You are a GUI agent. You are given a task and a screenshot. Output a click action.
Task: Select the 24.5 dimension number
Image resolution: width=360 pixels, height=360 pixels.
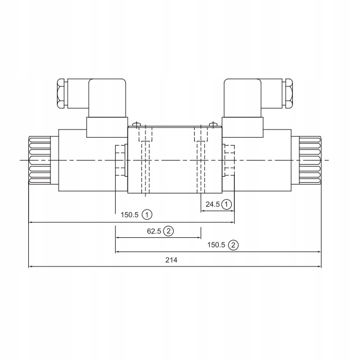coord(213,204)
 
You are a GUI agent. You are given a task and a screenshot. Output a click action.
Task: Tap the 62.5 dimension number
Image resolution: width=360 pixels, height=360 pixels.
coord(154,231)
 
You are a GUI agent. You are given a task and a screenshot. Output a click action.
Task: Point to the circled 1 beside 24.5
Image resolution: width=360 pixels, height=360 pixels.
coord(227,204)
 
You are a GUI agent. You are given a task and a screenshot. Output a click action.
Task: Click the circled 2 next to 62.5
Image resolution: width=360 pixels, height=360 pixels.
coord(169,231)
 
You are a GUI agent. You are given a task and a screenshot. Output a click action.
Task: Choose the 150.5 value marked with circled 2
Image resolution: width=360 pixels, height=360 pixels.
coord(216,244)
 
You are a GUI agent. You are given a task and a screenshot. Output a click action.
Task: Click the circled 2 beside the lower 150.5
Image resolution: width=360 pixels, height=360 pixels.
coord(233,244)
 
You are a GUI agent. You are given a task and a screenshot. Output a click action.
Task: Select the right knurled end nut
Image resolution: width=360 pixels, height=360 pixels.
coord(310,161)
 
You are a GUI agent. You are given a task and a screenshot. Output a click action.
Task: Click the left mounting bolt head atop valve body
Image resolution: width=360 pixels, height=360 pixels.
coord(138,125)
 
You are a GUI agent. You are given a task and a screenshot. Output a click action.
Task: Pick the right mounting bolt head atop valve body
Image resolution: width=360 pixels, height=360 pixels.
coord(211,125)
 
